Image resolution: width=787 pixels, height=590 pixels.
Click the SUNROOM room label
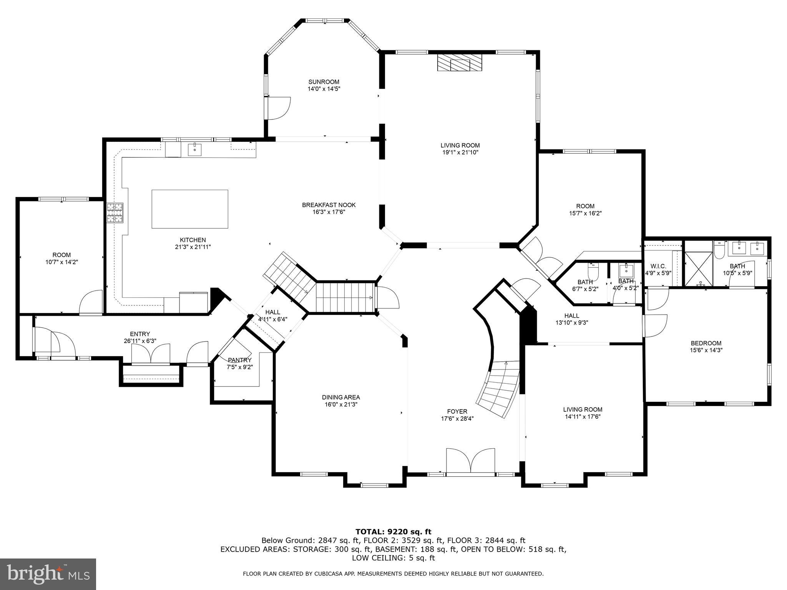click(x=324, y=82)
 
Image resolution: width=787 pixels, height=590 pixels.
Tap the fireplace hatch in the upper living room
click(x=459, y=62)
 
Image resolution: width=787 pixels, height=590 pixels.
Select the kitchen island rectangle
click(x=190, y=209)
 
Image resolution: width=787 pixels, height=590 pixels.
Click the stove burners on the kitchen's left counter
click(x=115, y=213)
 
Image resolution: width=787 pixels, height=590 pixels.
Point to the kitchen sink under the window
click(x=194, y=149)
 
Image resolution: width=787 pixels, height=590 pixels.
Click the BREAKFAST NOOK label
click(x=329, y=205)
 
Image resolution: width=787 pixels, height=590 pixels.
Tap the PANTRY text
click(x=239, y=360)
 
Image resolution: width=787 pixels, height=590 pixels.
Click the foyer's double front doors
click(x=470, y=461)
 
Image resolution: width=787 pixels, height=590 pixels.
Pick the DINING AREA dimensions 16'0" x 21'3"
click(x=341, y=404)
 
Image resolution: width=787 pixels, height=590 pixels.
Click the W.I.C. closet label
click(x=658, y=266)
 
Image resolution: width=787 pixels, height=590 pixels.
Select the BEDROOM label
click(x=706, y=343)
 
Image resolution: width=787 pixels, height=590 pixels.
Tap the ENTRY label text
click(x=140, y=334)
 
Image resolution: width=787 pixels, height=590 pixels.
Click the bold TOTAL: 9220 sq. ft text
click(x=393, y=532)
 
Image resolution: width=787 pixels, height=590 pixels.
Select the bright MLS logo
click(x=48, y=574)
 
